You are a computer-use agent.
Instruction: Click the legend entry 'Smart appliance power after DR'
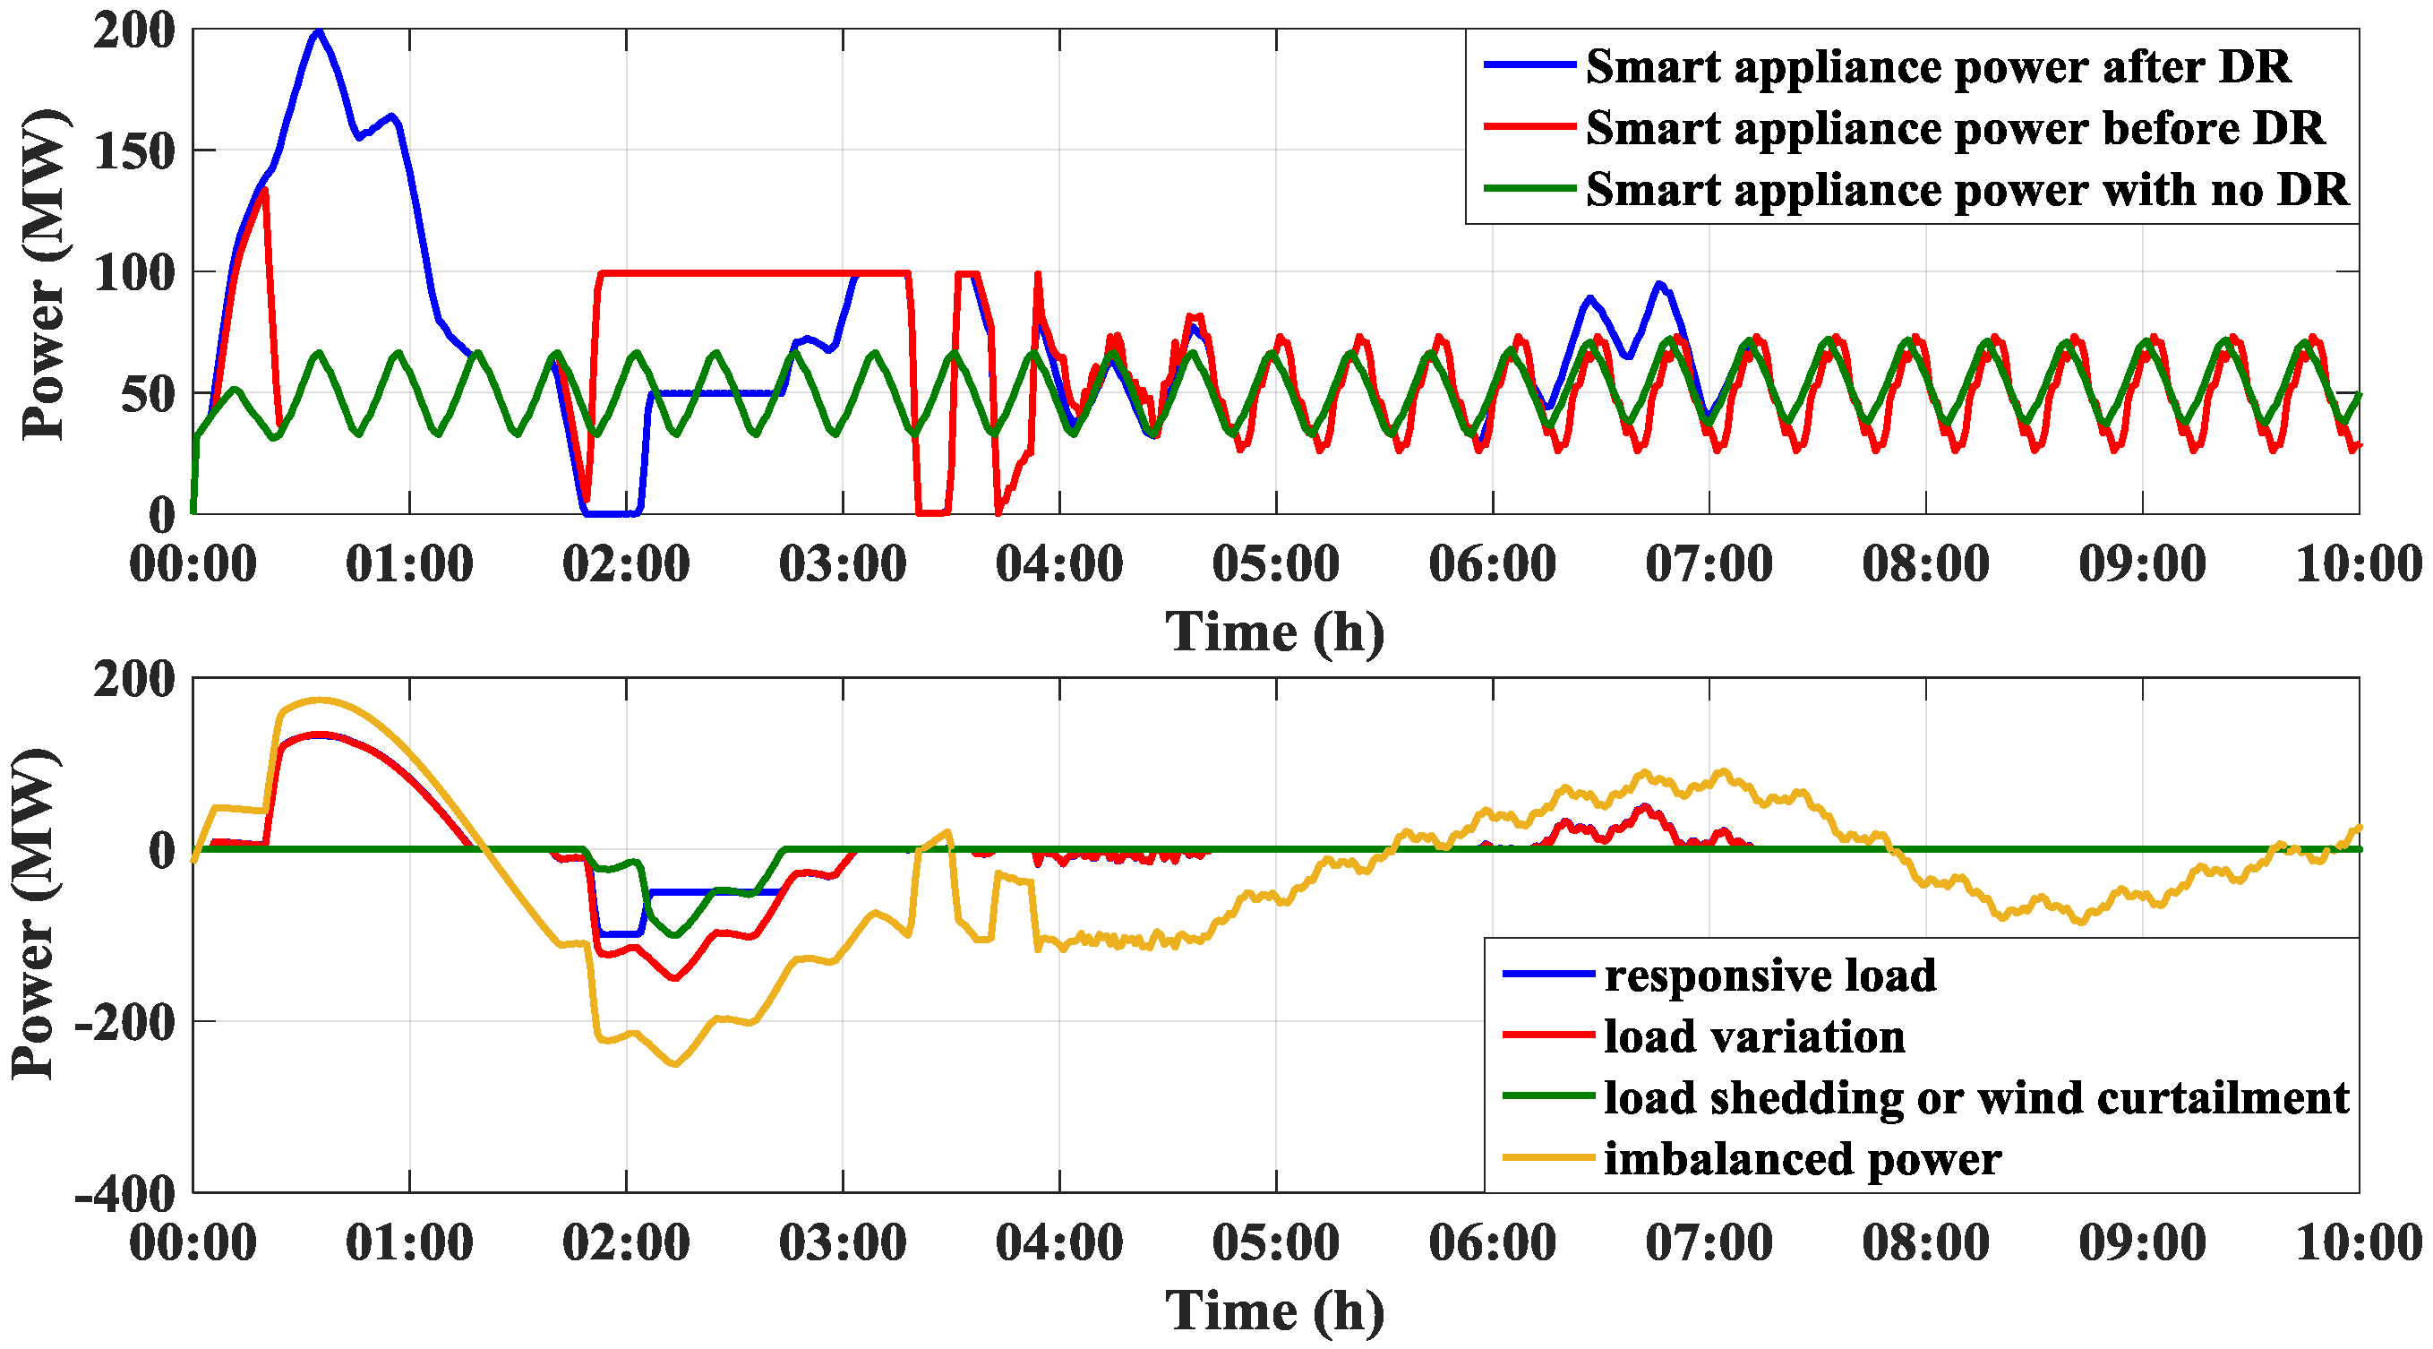pos(1936,66)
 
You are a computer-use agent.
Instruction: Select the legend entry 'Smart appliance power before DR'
pos(1953,127)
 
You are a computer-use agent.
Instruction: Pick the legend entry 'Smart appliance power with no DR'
pos(1965,189)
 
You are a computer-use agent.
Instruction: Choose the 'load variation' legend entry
pos(1753,1036)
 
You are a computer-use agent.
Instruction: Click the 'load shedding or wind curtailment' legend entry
pos(1975,1097)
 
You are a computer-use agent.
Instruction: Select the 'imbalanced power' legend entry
pos(1801,1159)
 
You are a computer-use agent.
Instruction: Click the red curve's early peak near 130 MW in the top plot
pos(264,191)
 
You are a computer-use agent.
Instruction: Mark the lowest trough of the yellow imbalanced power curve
pos(675,1065)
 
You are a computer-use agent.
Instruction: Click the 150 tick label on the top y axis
pos(135,151)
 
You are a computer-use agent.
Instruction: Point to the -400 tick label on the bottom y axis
pos(125,1194)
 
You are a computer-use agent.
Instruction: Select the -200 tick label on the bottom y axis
pos(125,1022)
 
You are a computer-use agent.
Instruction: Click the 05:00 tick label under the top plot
pos(1275,564)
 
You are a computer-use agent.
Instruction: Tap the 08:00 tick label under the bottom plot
pos(1925,1242)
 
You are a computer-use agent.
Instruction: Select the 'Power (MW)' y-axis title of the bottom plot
pos(36,915)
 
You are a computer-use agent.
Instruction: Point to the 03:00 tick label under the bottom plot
pos(843,1242)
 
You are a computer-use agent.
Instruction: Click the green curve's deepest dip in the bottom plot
pos(674,935)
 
